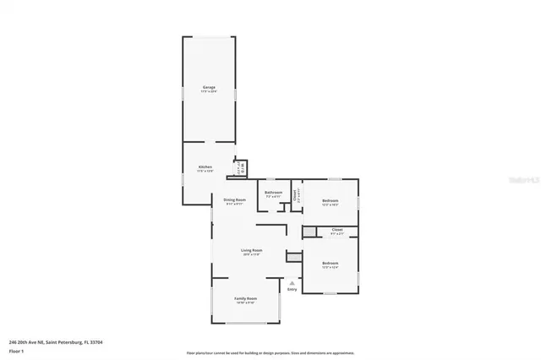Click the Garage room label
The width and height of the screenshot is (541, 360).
pos(208,87)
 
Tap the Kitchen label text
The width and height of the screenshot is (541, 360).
pos(205,167)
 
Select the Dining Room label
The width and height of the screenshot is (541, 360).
pos(234,200)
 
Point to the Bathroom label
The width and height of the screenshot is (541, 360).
pos(273,193)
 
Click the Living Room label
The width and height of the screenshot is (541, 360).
pos(252,250)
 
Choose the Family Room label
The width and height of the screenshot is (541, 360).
pos(246,298)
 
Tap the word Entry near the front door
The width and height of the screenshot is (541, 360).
pos(292,290)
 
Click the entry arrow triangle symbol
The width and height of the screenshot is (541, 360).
pos(292,283)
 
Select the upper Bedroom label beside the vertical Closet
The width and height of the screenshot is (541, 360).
pos(330,200)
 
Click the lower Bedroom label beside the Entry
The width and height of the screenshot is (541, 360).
pos(330,264)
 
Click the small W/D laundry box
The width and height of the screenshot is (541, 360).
pos(241,167)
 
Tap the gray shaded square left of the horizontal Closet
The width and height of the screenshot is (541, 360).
pos(309,232)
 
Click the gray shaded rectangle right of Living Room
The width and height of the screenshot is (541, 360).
pos(293,257)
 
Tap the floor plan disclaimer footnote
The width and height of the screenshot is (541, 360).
pos(270,352)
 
